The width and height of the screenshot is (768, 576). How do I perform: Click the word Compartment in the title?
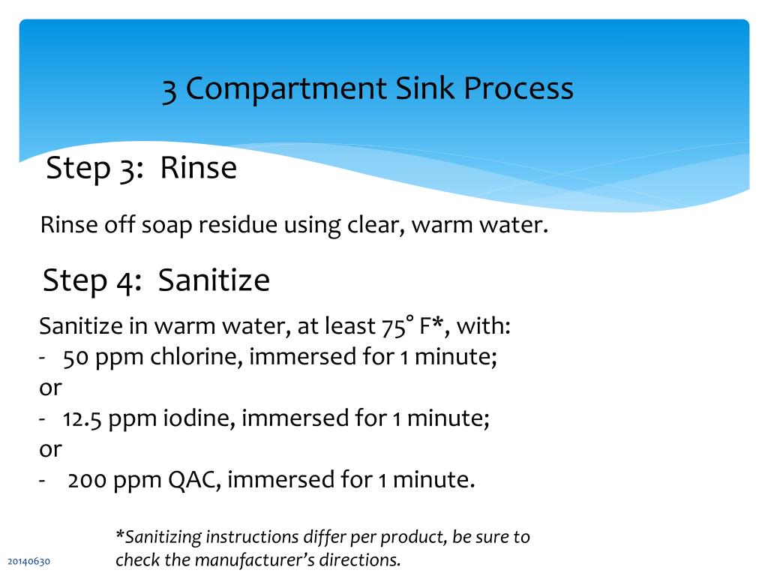point(286,89)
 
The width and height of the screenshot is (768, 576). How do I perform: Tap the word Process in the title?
point(518,89)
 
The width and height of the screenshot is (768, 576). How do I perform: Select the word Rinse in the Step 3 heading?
point(198,168)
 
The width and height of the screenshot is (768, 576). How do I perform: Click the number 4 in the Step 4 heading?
point(123,281)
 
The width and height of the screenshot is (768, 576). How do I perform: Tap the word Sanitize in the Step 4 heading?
point(214,280)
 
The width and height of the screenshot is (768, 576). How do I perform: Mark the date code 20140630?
point(29,562)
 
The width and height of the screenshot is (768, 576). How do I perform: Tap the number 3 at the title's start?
point(169,89)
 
